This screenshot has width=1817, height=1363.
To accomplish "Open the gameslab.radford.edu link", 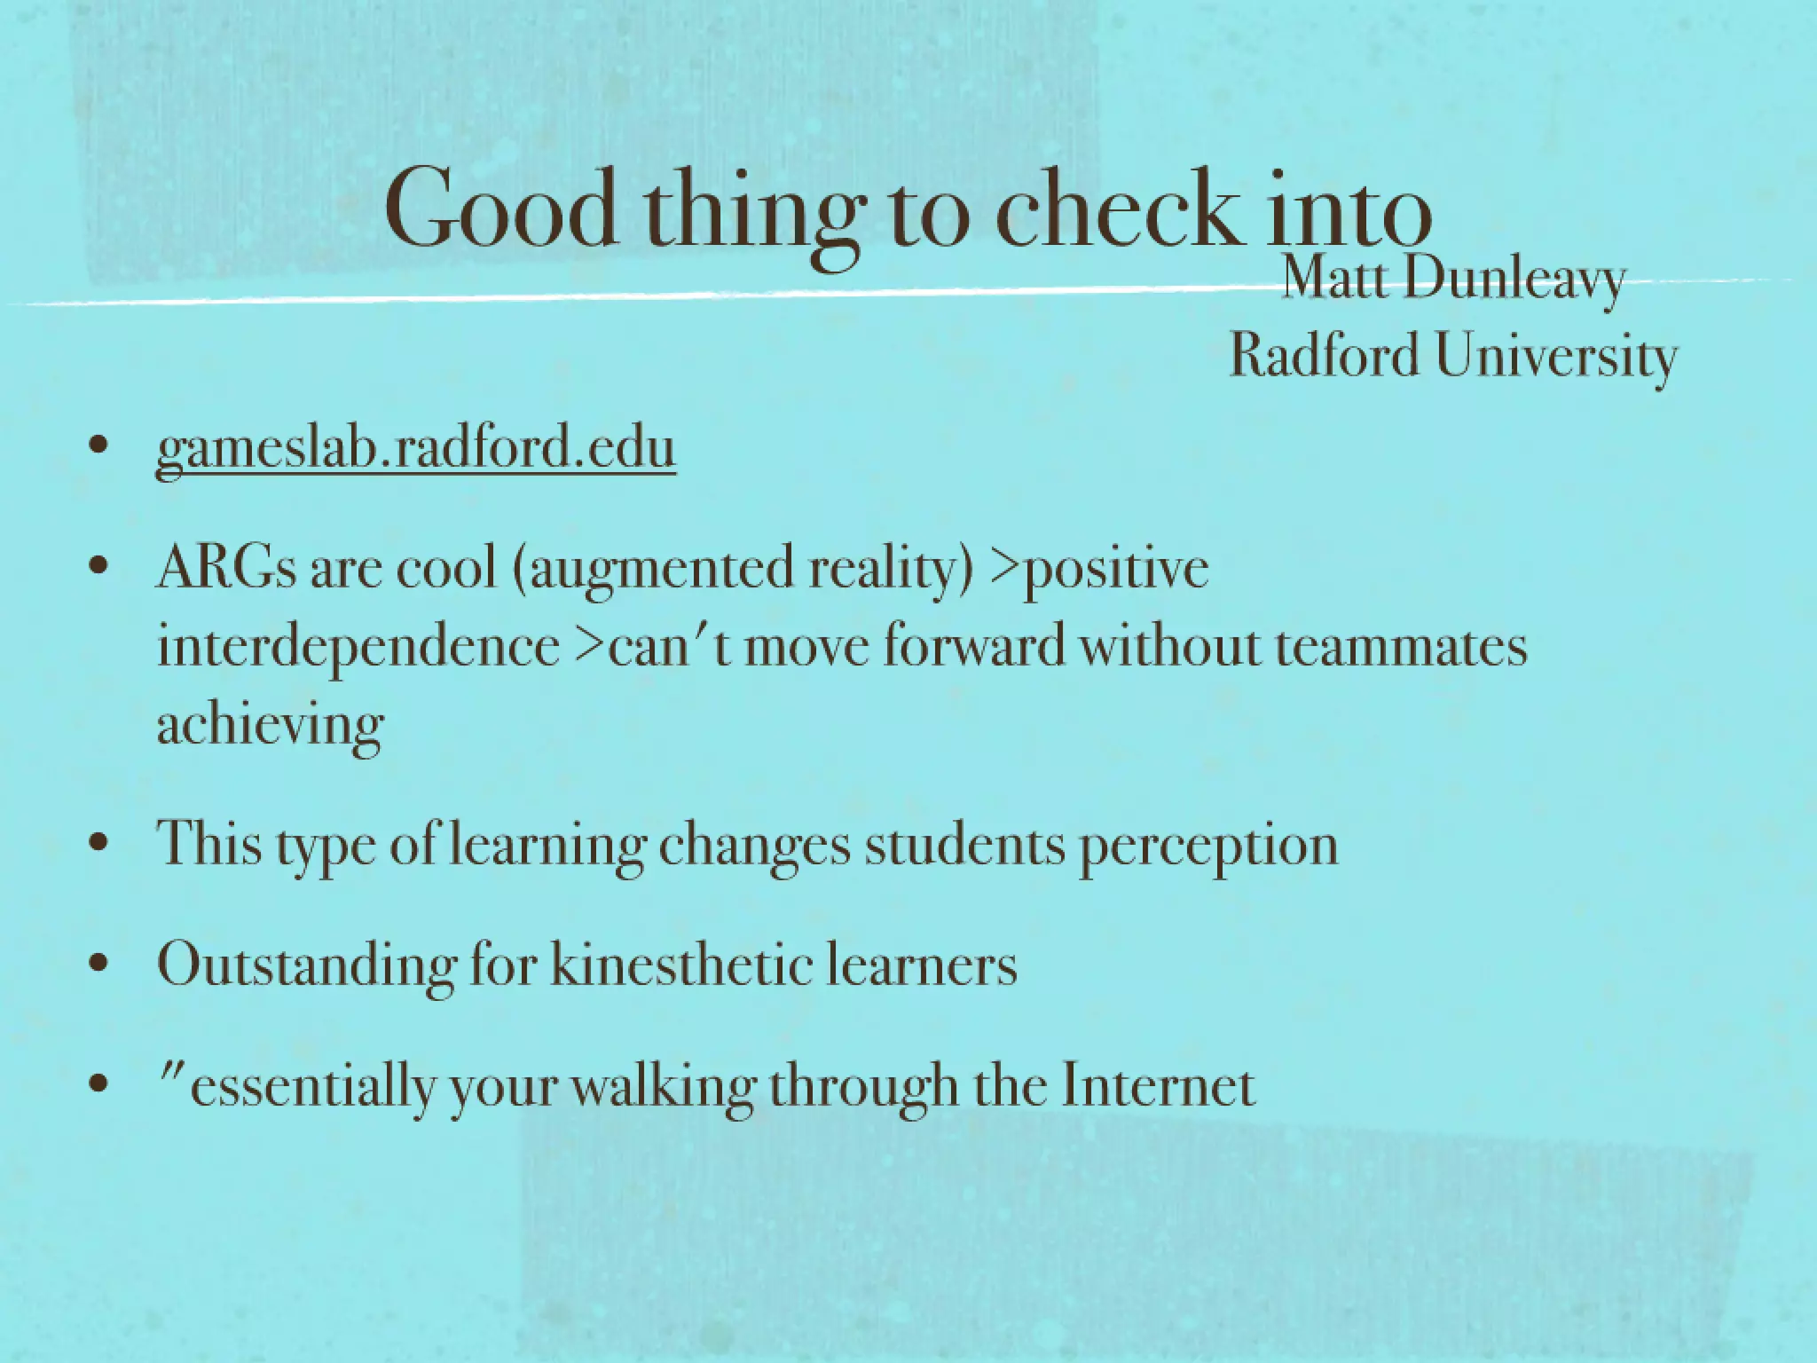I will click(x=415, y=448).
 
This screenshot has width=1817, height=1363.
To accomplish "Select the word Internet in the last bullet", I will click(x=1159, y=1086).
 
